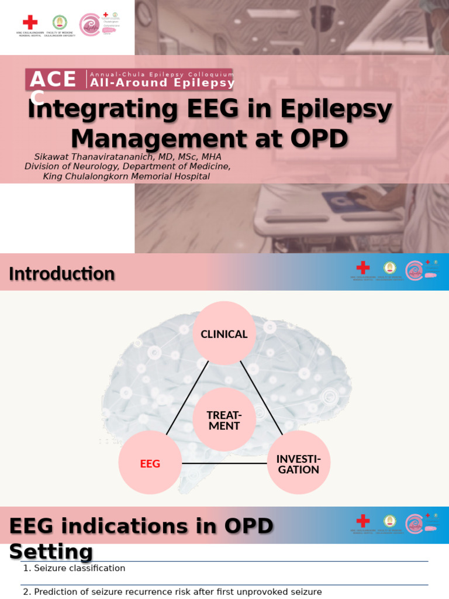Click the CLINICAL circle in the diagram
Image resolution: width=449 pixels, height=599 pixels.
(x=224, y=334)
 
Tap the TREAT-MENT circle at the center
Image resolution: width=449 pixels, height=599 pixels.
(x=224, y=420)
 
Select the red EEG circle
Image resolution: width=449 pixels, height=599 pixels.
(x=150, y=463)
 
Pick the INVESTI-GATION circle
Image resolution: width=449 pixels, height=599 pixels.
(x=298, y=463)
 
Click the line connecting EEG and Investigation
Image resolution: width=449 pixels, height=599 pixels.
(x=224, y=463)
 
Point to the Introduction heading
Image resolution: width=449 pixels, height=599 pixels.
(x=62, y=274)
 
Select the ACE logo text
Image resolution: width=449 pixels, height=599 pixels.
(x=53, y=80)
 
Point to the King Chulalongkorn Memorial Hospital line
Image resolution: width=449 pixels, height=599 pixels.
(x=126, y=176)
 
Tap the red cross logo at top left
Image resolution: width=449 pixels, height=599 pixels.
(x=30, y=23)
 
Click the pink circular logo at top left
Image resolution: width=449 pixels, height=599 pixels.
(x=89, y=25)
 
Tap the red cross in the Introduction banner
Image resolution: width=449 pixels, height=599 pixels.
(x=363, y=267)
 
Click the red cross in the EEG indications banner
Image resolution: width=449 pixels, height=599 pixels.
(x=363, y=521)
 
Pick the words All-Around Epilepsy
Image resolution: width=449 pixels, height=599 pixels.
(x=162, y=83)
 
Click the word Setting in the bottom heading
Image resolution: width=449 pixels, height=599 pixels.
(x=51, y=552)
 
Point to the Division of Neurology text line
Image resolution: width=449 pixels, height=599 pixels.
(x=127, y=166)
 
